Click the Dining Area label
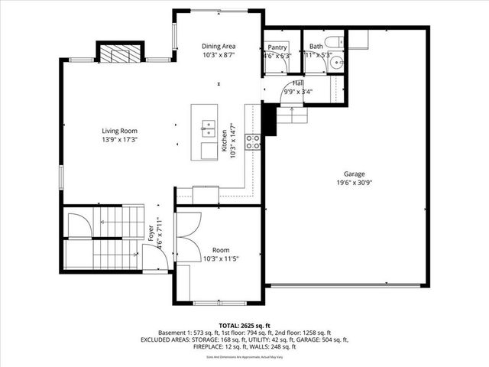219,46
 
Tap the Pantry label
277,47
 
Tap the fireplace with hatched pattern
120,54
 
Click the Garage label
355,174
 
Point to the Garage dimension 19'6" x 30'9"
355,183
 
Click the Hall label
297,83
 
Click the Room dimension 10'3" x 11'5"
221,258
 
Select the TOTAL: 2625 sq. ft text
244,325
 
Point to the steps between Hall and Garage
291,114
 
